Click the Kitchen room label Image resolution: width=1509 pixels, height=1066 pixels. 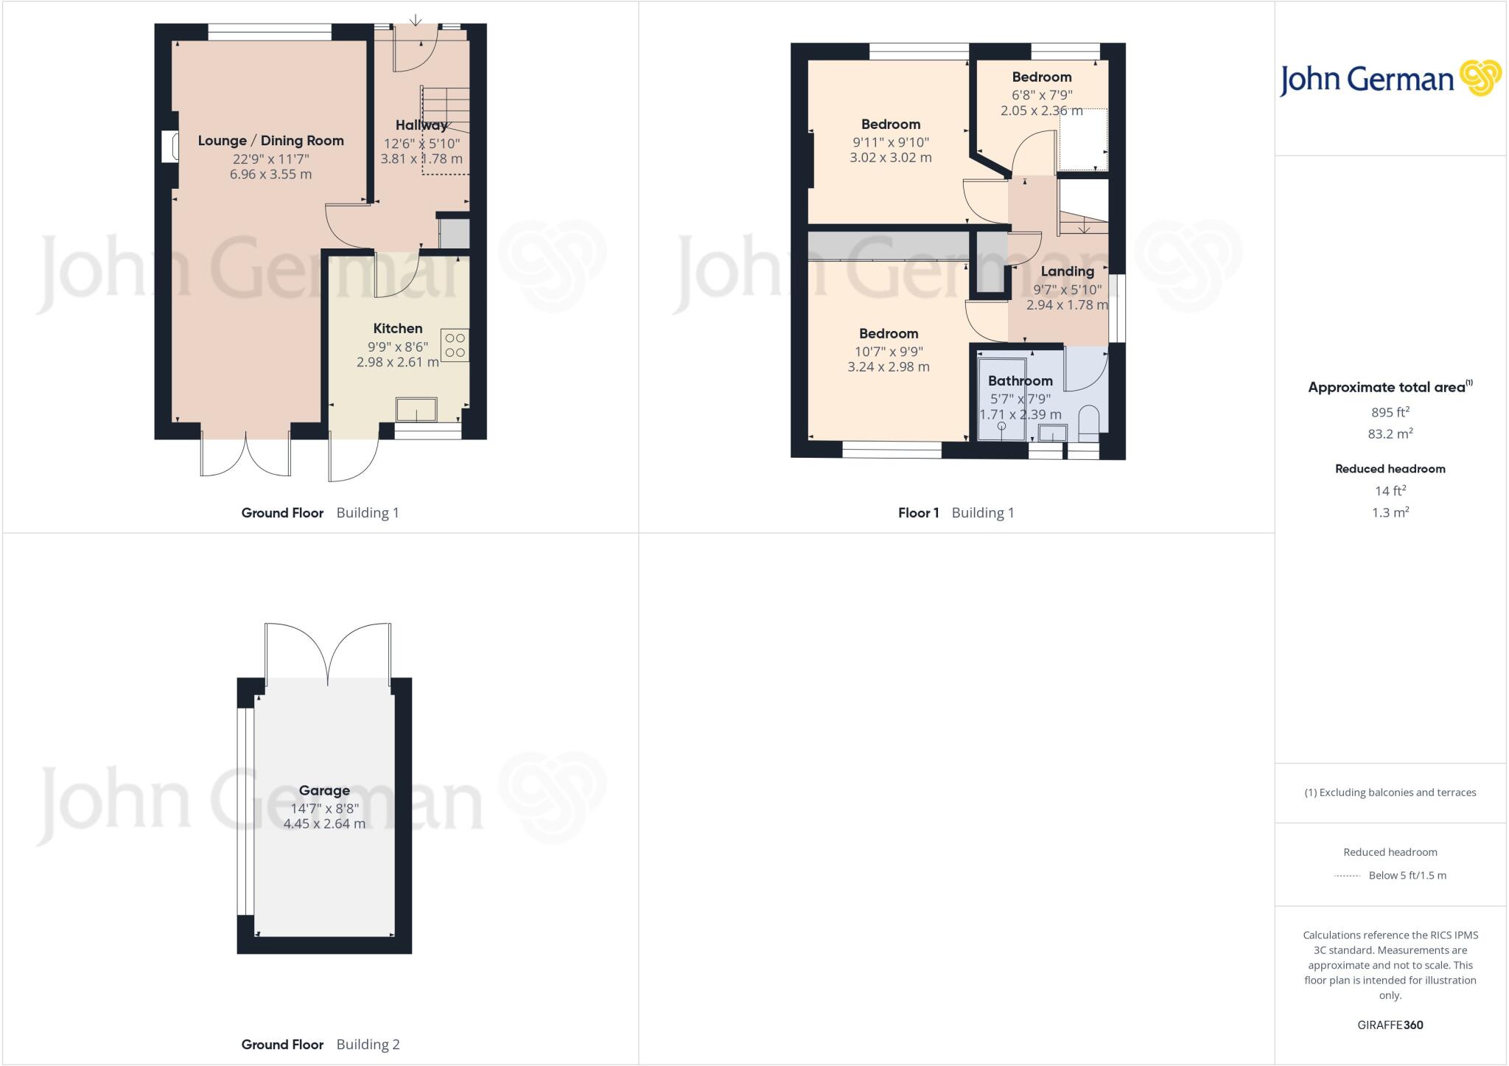coord(397,329)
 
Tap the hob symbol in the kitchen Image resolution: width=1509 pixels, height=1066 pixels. coord(455,345)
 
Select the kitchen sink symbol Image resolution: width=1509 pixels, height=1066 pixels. coord(416,409)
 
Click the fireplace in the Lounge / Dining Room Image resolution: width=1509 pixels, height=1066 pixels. coord(169,146)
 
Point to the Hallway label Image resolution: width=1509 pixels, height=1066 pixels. coord(421,125)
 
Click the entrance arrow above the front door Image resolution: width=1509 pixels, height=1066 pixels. coord(416,19)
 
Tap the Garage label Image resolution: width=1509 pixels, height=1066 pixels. coord(324,790)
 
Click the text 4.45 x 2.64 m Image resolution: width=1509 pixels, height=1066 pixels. coord(324,823)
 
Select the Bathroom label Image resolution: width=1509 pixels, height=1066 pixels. coord(1020,381)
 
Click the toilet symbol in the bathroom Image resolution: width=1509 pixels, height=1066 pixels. coord(1088,422)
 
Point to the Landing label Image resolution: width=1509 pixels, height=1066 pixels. coord(1067,271)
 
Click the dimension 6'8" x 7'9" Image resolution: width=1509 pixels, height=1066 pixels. coord(1041,95)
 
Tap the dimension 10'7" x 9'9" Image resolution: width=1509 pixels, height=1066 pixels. coord(888,352)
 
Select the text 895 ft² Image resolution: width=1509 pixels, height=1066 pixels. coord(1389,412)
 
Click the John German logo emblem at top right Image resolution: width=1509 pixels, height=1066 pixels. coord(1480,78)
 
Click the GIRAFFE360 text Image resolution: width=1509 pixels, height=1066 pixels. coord(1390,1025)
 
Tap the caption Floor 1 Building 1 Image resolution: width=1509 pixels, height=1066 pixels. coord(956,513)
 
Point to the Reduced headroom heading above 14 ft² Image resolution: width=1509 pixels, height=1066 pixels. coord(1390,469)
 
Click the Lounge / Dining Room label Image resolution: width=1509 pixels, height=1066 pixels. coord(270,141)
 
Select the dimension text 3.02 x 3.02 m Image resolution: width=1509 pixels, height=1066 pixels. coord(890,157)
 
